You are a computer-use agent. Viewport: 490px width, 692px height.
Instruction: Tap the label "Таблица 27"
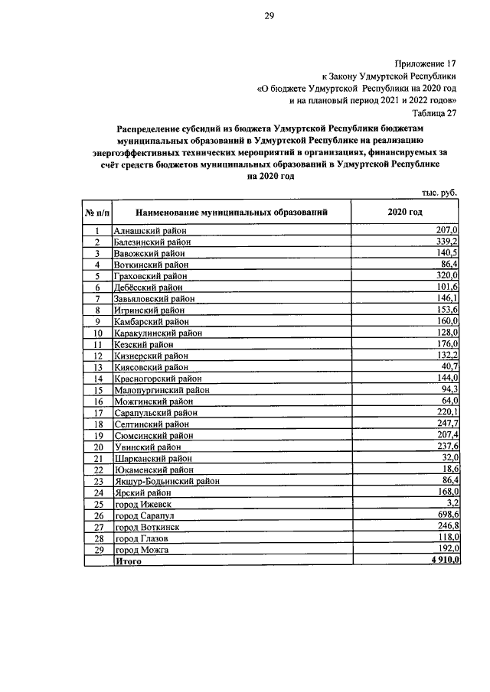click(433, 112)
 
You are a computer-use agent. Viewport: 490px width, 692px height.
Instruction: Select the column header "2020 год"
click(404, 212)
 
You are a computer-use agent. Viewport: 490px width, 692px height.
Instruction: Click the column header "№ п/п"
click(97, 212)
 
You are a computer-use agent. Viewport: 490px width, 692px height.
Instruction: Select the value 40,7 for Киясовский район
click(449, 366)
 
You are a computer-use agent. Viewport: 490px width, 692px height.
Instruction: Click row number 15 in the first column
click(98, 389)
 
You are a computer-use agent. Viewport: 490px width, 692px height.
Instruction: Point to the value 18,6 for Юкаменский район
click(449, 469)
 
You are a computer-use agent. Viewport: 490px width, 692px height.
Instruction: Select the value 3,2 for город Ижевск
click(452, 503)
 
